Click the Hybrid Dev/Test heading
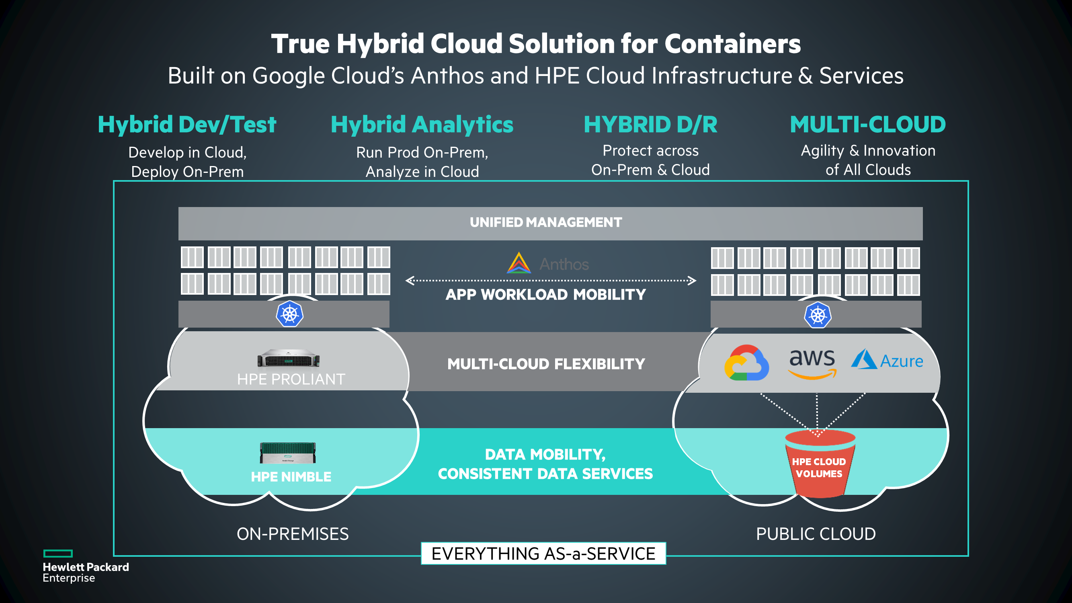pos(187,125)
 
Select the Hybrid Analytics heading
pos(422,125)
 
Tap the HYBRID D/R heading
pos(650,125)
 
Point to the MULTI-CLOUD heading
pos(868,125)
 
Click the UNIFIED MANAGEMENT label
pos(546,222)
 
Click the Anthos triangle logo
pos(519,263)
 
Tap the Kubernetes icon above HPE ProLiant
pos(290,314)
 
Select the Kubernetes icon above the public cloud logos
pos(818,315)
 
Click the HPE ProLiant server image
pos(288,358)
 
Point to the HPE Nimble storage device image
pos(288,453)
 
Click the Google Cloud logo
pos(746,363)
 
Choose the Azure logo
pos(887,359)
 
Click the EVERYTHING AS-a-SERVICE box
pos(543,554)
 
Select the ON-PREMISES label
pos(293,534)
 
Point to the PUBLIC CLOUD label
pos(816,534)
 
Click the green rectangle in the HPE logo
pos(58,554)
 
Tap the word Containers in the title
pos(732,44)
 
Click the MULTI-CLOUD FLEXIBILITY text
pos(546,364)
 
